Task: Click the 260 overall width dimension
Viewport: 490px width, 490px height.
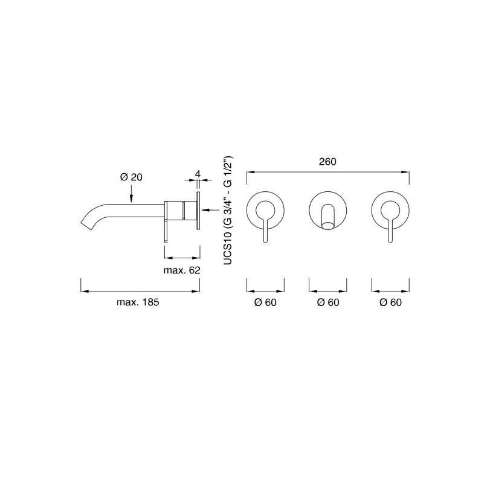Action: pyautogui.click(x=327, y=162)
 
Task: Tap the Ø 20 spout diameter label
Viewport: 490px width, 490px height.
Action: pyautogui.click(x=131, y=177)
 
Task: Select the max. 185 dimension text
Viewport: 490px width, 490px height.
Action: pyautogui.click(x=138, y=302)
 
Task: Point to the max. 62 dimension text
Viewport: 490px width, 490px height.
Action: pyautogui.click(x=182, y=270)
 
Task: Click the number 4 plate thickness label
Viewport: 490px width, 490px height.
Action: pyautogui.click(x=198, y=174)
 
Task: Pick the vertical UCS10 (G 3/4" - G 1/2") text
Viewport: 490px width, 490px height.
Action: pyautogui.click(x=228, y=211)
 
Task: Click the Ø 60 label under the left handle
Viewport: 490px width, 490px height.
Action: pyautogui.click(x=265, y=302)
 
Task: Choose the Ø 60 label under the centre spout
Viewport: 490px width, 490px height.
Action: pyautogui.click(x=328, y=302)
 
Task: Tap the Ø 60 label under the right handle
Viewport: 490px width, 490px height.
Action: pyautogui.click(x=390, y=302)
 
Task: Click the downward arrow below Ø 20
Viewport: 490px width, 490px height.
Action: pyautogui.click(x=131, y=194)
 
